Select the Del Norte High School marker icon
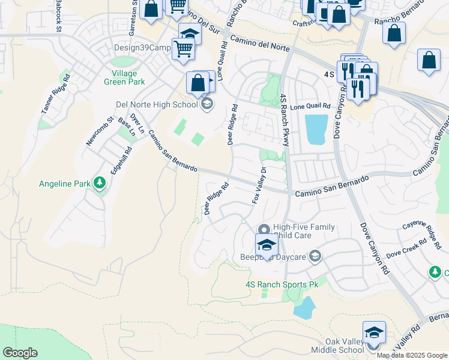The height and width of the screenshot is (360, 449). pyautogui.click(x=206, y=105)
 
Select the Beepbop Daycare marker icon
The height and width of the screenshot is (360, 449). pyautogui.click(x=315, y=257)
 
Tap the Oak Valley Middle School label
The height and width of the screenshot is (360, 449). pyautogui.click(x=337, y=346)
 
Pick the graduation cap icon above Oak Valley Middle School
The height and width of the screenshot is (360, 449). pyautogui.click(x=374, y=332)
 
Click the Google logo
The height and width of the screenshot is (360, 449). pyautogui.click(x=20, y=353)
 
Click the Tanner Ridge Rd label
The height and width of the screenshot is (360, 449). pyautogui.click(x=56, y=94)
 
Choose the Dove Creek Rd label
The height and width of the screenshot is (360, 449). pyautogui.click(x=406, y=247)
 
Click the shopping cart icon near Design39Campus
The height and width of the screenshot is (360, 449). pyautogui.click(x=183, y=49)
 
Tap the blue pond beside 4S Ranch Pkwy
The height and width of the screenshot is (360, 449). pyautogui.click(x=316, y=129)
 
